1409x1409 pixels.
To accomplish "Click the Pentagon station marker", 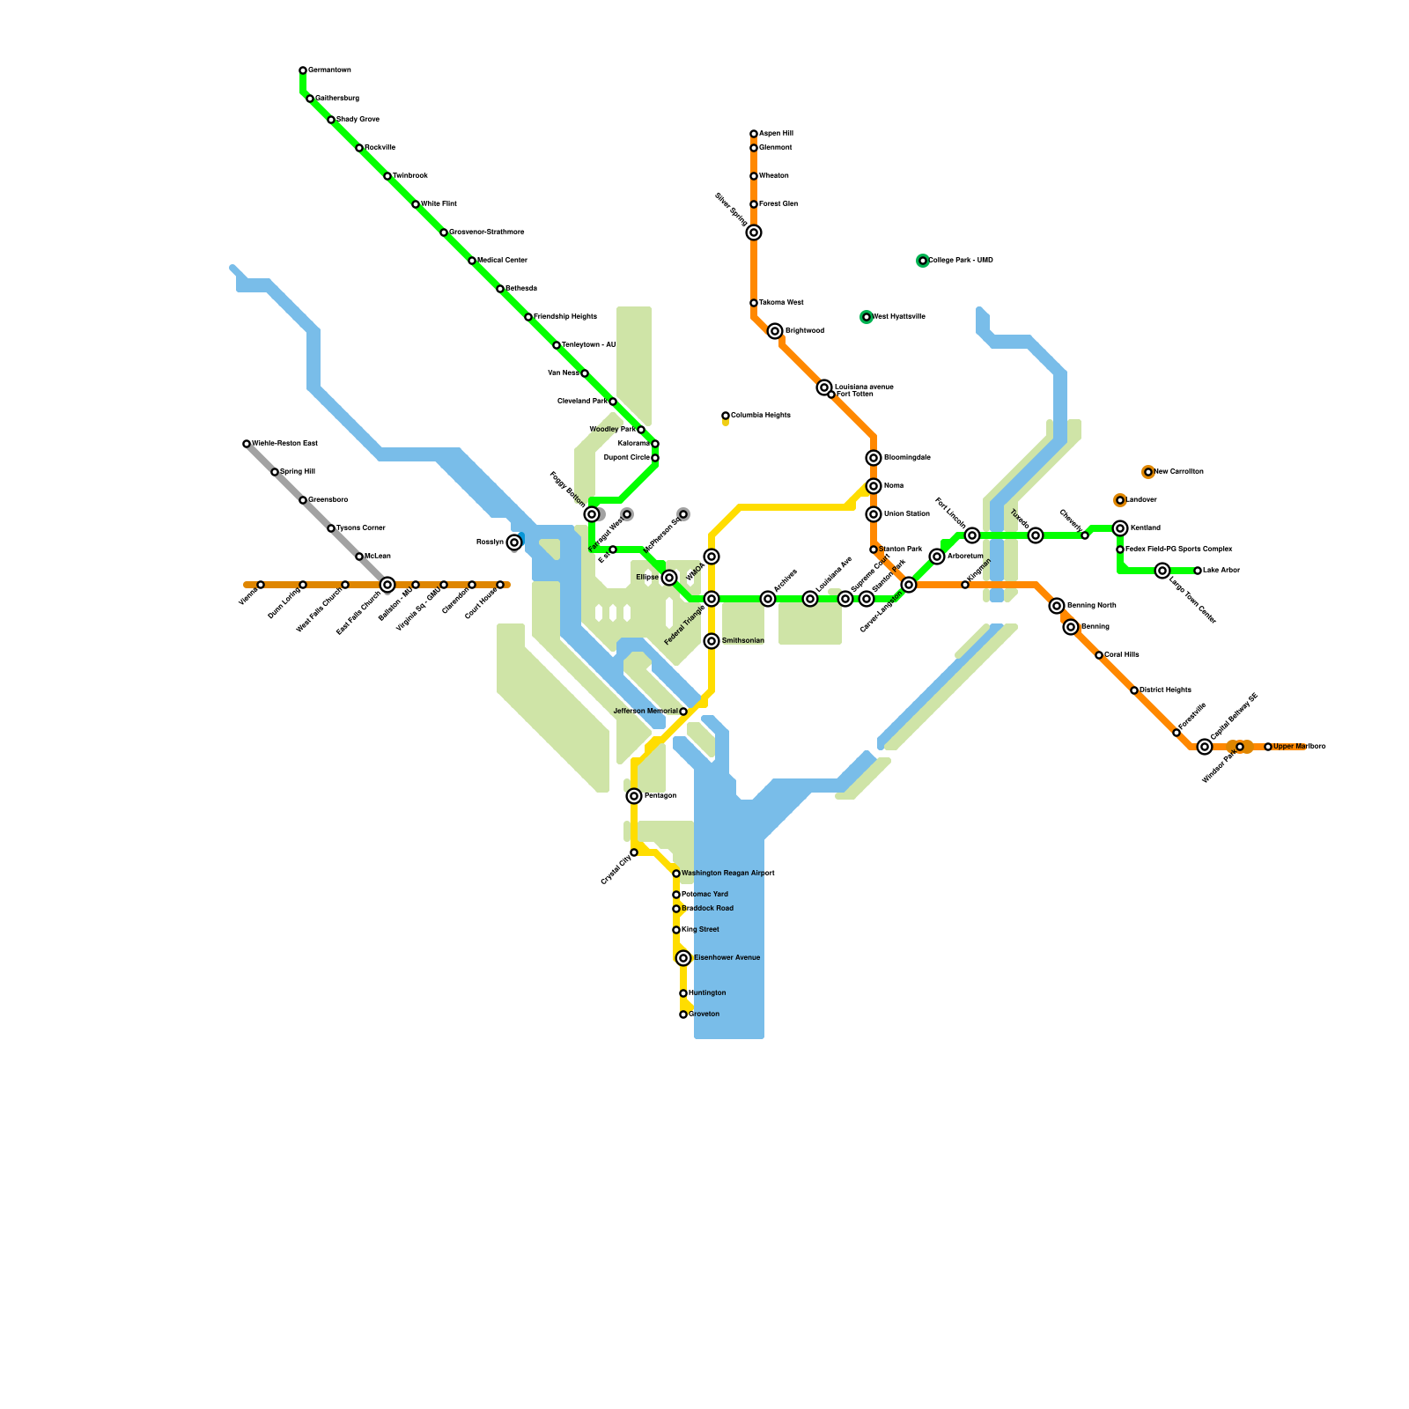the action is [634, 796].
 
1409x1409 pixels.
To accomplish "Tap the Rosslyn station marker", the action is [514, 542].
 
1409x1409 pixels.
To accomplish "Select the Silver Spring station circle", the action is [754, 232].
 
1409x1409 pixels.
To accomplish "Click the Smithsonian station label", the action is [742, 641].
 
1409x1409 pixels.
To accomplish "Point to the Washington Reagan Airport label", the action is [727, 874].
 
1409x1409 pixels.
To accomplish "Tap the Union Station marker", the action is [874, 514].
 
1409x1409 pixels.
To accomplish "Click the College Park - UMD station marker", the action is [923, 261].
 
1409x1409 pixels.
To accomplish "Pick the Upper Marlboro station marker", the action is [1268, 747].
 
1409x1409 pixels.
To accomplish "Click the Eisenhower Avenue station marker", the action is [683, 958].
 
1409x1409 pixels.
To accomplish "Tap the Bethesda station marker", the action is [500, 289].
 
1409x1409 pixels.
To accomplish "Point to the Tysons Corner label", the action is [361, 528].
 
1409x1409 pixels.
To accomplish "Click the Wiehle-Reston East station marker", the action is [247, 444].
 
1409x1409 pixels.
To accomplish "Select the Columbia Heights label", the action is [760, 416].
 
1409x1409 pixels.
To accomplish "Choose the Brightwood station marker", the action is [775, 331].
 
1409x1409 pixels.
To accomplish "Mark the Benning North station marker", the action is [1057, 606].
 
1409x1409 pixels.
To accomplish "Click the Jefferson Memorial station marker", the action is [683, 712].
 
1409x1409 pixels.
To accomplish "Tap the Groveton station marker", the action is [683, 1014].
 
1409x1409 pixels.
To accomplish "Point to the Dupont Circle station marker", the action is [655, 458].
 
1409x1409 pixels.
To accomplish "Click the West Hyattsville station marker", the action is [867, 317].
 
